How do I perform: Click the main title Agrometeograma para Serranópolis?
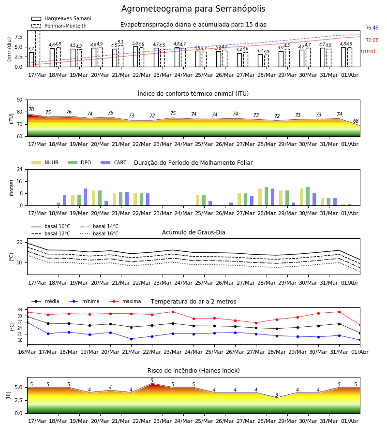pyautogui.click(x=193, y=9)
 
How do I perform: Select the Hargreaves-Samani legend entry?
pyautogui.click(x=61, y=18)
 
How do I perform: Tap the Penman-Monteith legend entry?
pyautogui.click(x=59, y=26)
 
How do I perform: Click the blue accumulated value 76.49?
pyautogui.click(x=372, y=28)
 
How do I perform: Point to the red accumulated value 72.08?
pyautogui.click(x=372, y=40)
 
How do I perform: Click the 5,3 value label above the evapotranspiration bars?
pyautogui.click(x=120, y=42)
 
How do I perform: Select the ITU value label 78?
pyautogui.click(x=31, y=109)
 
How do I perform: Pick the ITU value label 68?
pyautogui.click(x=356, y=121)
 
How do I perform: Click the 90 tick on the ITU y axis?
pyautogui.click(x=19, y=100)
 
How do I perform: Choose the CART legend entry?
pyautogui.click(x=114, y=162)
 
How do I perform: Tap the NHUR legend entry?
pyautogui.click(x=45, y=162)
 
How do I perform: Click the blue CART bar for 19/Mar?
pyautogui.click(x=85, y=197)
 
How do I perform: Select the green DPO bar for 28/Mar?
pyautogui.click(x=266, y=196)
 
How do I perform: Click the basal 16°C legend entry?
pyautogui.click(x=99, y=233)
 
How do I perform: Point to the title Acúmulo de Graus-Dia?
pyautogui.click(x=193, y=232)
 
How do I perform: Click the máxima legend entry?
pyautogui.click(x=125, y=301)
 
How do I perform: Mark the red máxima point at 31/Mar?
pyautogui.click(x=339, y=312)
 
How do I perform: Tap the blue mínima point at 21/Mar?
pyautogui.click(x=131, y=339)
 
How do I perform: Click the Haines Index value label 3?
pyautogui.click(x=277, y=395)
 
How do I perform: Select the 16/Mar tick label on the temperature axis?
pyautogui.click(x=27, y=352)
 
